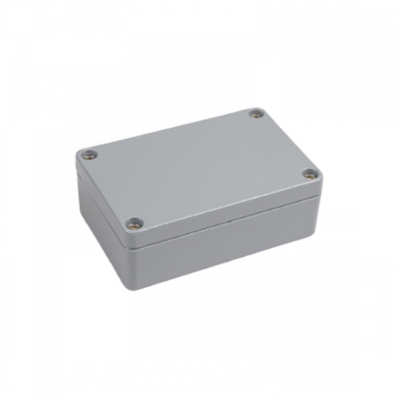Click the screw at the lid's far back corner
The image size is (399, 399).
pyautogui.click(x=255, y=114)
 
